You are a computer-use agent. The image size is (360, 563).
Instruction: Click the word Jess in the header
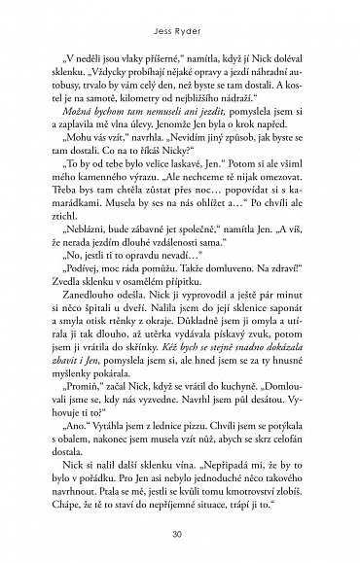coord(160,19)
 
